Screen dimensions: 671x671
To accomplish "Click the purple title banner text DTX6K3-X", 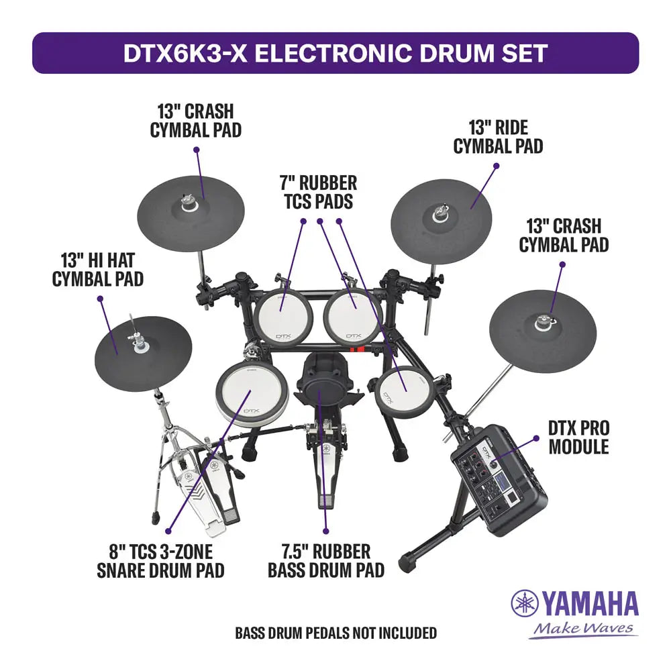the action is point(185,53).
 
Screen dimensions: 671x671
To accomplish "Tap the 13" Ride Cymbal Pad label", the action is point(498,137).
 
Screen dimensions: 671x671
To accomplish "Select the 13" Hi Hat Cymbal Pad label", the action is point(98,270).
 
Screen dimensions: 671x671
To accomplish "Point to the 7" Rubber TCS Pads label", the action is point(319,192).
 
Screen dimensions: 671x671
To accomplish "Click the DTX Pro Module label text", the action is point(578,437).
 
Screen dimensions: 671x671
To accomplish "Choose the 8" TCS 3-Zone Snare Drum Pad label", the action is point(160,561).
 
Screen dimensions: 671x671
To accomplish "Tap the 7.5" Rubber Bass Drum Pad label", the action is point(326,561).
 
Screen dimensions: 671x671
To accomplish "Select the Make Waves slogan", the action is point(583,629).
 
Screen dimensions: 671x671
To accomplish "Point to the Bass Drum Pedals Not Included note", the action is point(336,633).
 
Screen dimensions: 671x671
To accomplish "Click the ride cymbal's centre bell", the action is point(440,213).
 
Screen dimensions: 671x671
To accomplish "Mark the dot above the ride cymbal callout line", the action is point(497,166).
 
